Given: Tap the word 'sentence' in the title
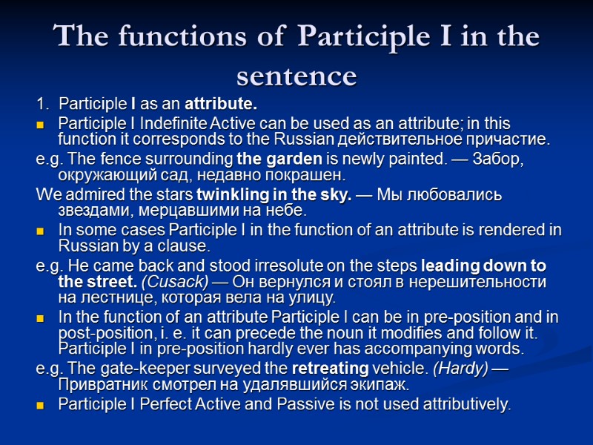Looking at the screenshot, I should point(296,75).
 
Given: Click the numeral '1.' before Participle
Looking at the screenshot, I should point(43,102).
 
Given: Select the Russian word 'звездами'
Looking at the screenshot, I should point(86,211).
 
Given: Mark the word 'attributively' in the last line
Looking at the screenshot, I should point(464,405).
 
